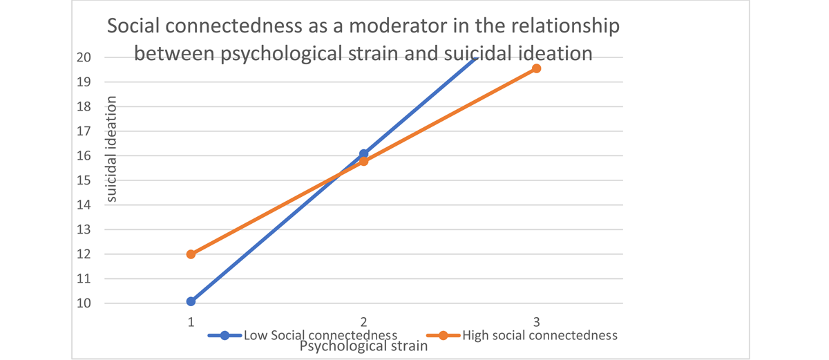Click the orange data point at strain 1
[191, 254]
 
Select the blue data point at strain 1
[191, 301]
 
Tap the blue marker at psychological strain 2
[363, 153]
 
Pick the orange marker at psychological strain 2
[363, 161]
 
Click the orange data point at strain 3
[536, 68]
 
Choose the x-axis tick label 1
[191, 321]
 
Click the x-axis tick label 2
[363, 321]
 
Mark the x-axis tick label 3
[537, 321]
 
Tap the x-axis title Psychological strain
[363, 346]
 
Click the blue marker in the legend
[225, 336]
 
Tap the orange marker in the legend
[444, 336]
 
